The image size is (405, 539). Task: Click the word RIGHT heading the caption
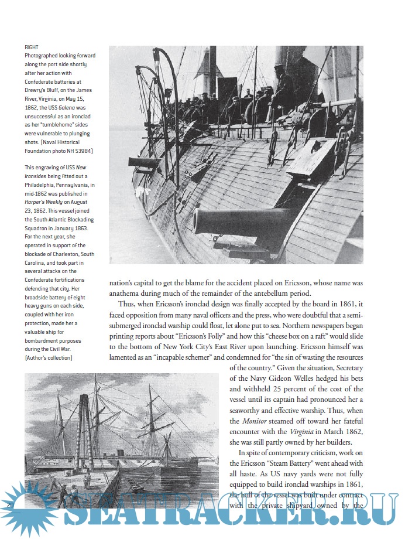tap(31, 47)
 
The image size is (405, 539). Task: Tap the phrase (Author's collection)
tap(48, 357)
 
